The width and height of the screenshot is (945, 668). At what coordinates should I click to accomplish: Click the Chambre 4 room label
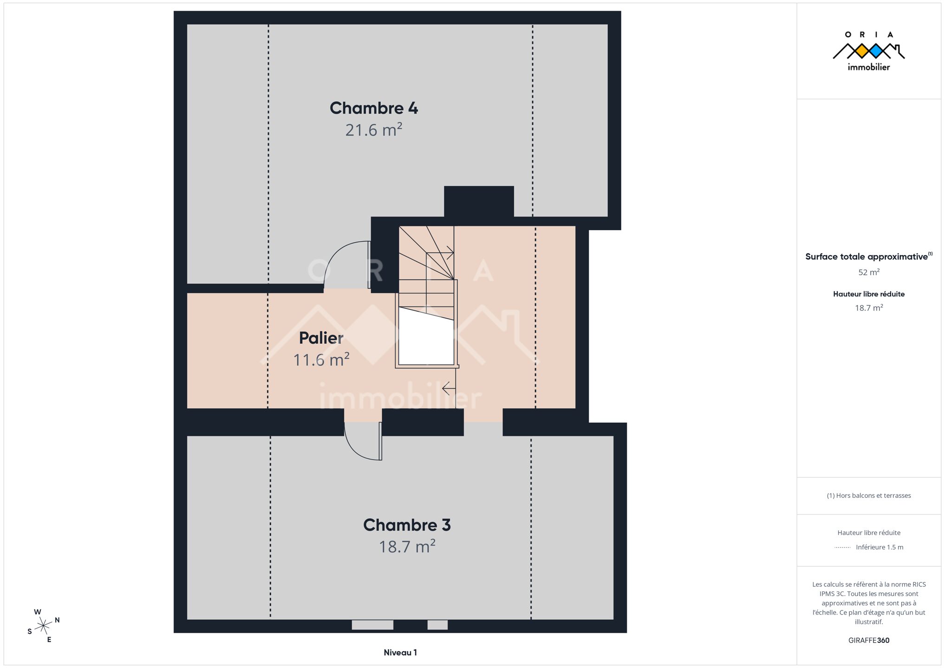[x=374, y=108]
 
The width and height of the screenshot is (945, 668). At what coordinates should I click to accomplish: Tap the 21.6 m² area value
[x=374, y=130]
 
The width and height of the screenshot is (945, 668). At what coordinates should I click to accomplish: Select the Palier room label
[x=321, y=338]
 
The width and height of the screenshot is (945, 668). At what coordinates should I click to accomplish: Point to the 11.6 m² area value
[x=321, y=360]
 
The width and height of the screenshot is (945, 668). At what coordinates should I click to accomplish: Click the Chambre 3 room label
[x=407, y=525]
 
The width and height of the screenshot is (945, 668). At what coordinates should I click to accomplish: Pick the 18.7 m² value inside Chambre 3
[x=407, y=546]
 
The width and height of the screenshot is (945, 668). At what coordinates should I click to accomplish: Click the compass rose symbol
[x=44, y=626]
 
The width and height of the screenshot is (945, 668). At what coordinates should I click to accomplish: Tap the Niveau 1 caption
[x=400, y=653]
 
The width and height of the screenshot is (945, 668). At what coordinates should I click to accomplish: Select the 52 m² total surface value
[x=869, y=272]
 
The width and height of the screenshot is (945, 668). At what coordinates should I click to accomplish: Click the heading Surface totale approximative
[x=867, y=257]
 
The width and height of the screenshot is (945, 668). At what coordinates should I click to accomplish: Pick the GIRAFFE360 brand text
[x=869, y=640]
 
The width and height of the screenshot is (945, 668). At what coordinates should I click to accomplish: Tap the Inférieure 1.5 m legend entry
[x=880, y=547]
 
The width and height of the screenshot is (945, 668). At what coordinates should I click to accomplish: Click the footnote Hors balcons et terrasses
[x=869, y=495]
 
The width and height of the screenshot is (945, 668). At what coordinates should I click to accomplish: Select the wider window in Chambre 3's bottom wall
[x=372, y=625]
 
